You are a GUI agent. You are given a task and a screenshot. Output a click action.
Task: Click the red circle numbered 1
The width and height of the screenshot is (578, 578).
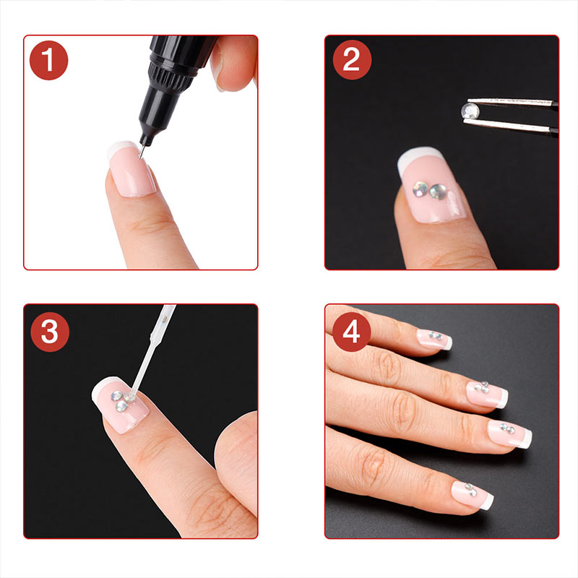pos(48,60)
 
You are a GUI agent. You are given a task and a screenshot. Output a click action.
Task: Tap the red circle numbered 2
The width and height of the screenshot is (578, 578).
pos(352,60)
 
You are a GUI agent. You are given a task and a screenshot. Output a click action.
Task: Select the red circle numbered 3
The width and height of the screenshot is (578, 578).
pos(50,332)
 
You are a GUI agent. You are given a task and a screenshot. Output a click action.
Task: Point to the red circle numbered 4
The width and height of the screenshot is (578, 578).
pos(351,332)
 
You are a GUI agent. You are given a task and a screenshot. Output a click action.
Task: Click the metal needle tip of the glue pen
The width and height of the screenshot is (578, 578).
pos(141,152)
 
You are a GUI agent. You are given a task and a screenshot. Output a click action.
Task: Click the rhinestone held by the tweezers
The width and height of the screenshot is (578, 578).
pos(470,111)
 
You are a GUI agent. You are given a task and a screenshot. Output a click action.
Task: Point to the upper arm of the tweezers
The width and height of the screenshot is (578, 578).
pos(512,102)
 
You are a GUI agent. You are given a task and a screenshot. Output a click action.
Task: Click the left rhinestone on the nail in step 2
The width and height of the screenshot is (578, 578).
pos(420,189)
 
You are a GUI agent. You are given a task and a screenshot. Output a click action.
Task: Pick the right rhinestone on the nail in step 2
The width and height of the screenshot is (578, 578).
pos(438,191)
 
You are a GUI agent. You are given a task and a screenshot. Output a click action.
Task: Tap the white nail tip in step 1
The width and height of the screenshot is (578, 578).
pos(122,147)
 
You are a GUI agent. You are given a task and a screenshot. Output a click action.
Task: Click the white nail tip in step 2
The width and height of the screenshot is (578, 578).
pos(418,157)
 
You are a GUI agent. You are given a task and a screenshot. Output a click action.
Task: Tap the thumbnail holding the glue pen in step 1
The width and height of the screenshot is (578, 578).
pos(220,66)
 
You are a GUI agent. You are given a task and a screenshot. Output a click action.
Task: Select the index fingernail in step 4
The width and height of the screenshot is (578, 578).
pos(435,339)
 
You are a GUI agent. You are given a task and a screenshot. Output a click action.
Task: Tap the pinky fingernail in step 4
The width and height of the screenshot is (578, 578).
pos(473,495)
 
